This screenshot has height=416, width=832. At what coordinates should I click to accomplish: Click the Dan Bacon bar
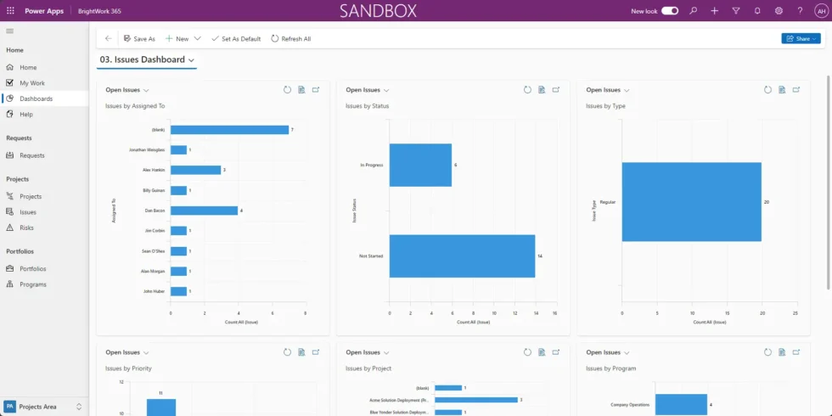click(204, 211)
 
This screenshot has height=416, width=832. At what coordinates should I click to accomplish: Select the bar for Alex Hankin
click(195, 170)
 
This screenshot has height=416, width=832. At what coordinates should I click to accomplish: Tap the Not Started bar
click(462, 256)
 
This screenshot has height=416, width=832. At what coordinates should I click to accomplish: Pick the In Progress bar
click(420, 165)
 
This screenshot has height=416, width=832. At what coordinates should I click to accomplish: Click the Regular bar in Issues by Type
click(691, 202)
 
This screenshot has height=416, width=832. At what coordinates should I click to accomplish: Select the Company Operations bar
click(681, 404)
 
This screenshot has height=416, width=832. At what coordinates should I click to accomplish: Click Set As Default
click(236, 39)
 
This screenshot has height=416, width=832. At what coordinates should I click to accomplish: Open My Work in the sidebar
click(32, 83)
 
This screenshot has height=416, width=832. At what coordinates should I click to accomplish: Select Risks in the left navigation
click(28, 228)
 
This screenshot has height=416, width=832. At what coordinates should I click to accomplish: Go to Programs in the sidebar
click(33, 284)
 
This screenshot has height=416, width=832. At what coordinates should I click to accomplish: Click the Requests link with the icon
click(32, 155)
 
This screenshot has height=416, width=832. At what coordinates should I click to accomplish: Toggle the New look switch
click(670, 11)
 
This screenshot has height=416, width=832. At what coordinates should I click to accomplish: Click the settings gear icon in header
click(779, 11)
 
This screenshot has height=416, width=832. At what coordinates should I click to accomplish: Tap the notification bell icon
click(757, 11)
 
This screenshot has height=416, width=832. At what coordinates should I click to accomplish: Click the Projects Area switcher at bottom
click(44, 407)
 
